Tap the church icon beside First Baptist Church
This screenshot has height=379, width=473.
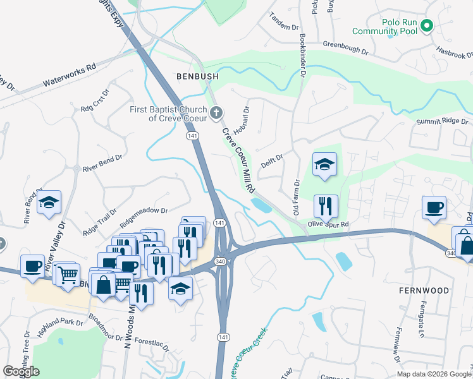[x=217, y=114]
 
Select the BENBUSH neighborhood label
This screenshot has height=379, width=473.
[x=197, y=76]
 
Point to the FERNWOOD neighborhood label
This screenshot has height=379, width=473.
[x=424, y=291]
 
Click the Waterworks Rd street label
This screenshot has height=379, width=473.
[x=69, y=74]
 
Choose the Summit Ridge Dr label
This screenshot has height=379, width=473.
[x=443, y=121]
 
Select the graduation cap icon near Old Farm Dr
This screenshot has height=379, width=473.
[x=324, y=164]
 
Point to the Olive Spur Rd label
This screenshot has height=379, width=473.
[x=328, y=224]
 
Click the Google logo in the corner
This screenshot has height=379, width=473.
[x=21, y=371]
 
